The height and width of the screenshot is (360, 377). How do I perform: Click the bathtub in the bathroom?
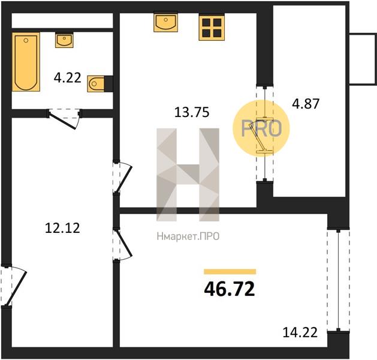pyautogui.click(x=26, y=62)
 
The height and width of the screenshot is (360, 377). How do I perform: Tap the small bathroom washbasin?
pyautogui.click(x=64, y=40)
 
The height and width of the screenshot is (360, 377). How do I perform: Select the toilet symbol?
pyautogui.click(x=96, y=84)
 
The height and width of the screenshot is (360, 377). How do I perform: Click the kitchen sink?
pyautogui.click(x=165, y=22)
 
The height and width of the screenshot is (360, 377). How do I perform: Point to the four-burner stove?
pyautogui.click(x=212, y=27)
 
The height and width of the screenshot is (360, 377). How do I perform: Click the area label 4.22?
pyautogui.click(x=68, y=78)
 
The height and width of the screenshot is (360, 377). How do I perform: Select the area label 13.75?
pyautogui.click(x=192, y=112)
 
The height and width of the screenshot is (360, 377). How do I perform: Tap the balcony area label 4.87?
pyautogui.click(x=306, y=104)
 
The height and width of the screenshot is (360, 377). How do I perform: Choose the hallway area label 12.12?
pyautogui.click(x=62, y=228)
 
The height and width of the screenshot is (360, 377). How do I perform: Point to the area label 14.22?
pyautogui.click(x=300, y=332)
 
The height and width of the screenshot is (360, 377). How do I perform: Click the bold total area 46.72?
pyautogui.click(x=230, y=289)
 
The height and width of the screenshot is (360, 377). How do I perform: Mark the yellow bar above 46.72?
pyautogui.click(x=230, y=272)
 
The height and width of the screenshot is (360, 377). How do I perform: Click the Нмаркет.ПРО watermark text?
pyautogui.click(x=188, y=236)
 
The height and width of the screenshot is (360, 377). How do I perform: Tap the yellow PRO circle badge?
pyautogui.click(x=261, y=128)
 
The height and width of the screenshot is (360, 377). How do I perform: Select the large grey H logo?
pyautogui.click(x=188, y=175)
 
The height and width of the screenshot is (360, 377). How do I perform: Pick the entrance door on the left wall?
pyautogui.click(x=13, y=286)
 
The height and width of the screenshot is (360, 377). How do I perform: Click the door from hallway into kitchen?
pyautogui.click(x=122, y=178)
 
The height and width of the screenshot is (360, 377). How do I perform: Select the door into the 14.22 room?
pyautogui.click(x=122, y=244)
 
